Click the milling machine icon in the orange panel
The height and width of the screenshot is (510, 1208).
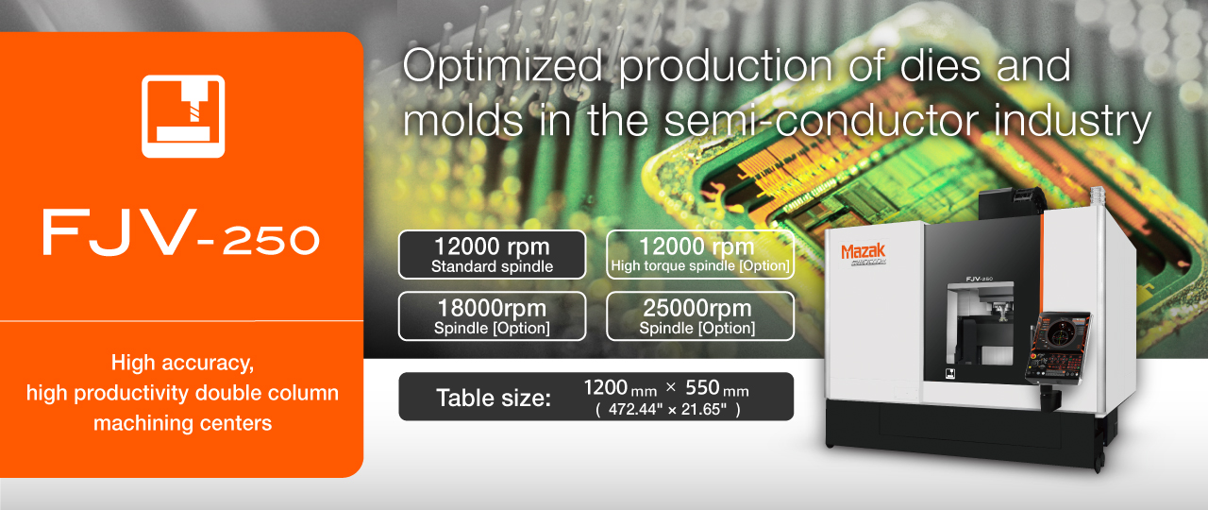[x=183, y=116]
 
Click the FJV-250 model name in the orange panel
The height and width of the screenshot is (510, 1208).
[x=181, y=232]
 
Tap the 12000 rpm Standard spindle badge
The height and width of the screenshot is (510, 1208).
[x=492, y=255]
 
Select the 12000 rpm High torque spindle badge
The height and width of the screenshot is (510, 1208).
[x=700, y=255]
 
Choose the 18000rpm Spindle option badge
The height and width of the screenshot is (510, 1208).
[x=492, y=316]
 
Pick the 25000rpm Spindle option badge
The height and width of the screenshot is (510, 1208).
[x=700, y=316]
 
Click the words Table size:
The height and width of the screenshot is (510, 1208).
[x=494, y=399]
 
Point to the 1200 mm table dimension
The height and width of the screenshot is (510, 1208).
[x=620, y=388]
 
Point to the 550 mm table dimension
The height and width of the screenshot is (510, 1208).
[x=716, y=388]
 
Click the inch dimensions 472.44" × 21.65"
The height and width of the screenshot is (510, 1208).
[x=667, y=410]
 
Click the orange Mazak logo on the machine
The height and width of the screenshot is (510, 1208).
[x=863, y=251]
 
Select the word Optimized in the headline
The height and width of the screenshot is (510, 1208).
[x=502, y=67]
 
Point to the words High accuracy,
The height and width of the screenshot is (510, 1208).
[x=182, y=364]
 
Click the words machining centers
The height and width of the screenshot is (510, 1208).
[x=182, y=423]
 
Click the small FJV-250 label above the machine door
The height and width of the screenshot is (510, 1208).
[x=979, y=279]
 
